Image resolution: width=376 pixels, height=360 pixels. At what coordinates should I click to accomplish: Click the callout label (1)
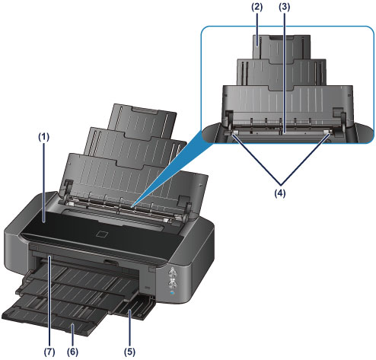click(x=43, y=137)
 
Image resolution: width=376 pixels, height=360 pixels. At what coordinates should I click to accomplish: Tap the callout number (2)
click(x=257, y=7)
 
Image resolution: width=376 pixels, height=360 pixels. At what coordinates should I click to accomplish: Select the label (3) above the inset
click(x=285, y=7)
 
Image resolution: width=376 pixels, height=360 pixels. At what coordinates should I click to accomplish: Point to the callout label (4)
click(x=280, y=193)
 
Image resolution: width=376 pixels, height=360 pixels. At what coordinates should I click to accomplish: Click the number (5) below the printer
click(x=129, y=352)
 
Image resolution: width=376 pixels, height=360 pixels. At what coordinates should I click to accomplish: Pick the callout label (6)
click(x=72, y=352)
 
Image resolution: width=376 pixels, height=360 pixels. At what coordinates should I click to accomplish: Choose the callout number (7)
click(x=49, y=352)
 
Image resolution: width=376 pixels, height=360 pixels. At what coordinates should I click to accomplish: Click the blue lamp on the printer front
click(x=173, y=293)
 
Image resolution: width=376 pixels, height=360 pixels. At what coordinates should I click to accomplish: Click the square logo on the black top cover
click(x=104, y=234)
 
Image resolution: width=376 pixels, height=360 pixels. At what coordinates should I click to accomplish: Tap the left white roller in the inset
click(x=235, y=132)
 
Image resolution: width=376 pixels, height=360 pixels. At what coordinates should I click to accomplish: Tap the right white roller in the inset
click(x=327, y=132)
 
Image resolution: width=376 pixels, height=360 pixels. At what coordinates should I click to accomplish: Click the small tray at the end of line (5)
click(x=134, y=307)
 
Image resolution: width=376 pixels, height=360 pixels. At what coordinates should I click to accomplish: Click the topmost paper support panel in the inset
click(x=282, y=47)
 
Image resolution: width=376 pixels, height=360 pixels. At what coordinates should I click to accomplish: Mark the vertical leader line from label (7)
click(x=49, y=301)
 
